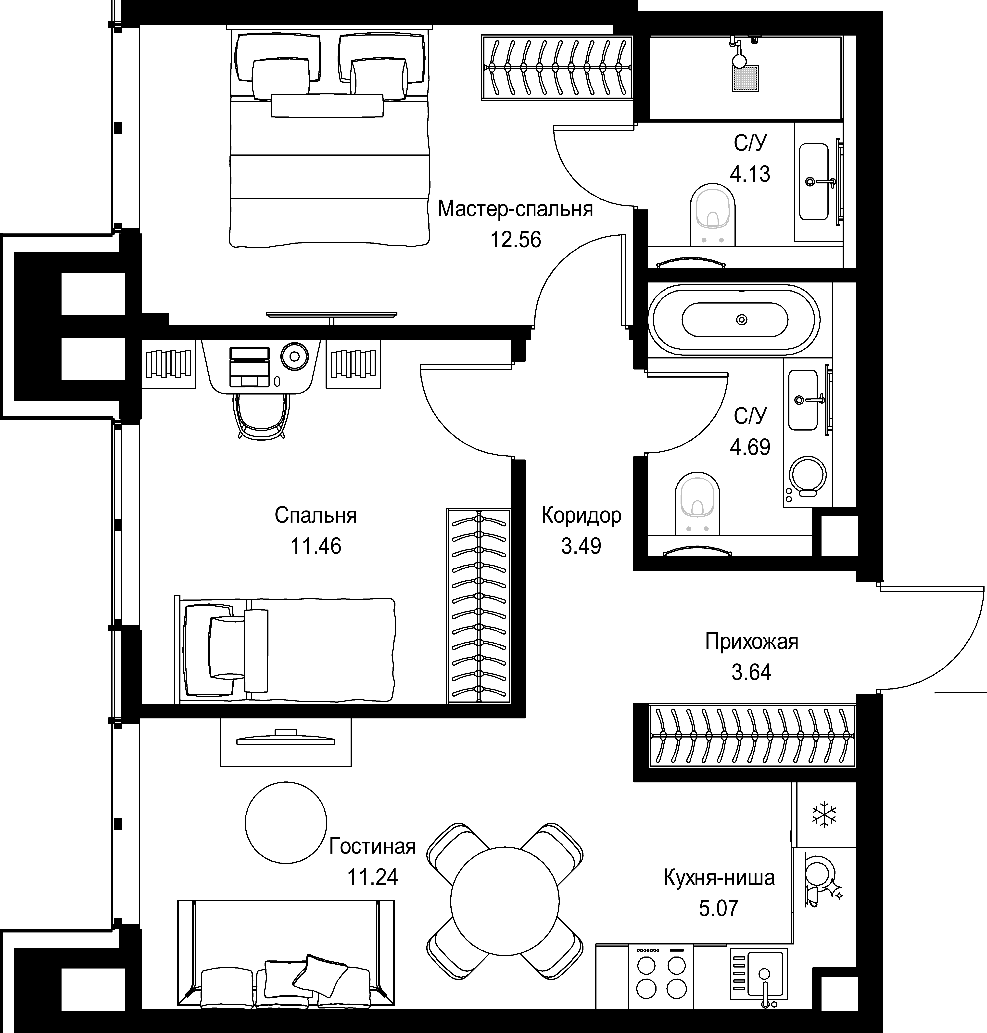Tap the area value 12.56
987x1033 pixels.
516,240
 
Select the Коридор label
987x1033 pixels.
581,516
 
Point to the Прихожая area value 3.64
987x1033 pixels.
751,673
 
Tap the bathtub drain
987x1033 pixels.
742,319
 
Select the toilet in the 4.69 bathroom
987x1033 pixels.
697,504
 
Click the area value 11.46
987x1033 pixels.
316,546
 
